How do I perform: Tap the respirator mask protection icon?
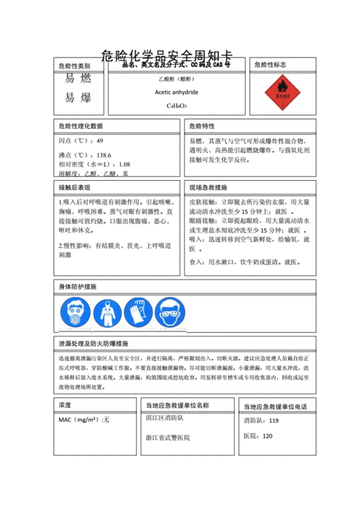tap(76, 313)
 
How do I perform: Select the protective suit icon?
tap(107, 313)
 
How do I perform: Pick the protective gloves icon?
tap(138, 313)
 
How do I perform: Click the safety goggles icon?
tap(169, 313)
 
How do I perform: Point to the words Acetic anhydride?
tap(176, 92)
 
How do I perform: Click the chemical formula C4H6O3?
tap(176, 106)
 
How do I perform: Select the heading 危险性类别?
tap(75, 66)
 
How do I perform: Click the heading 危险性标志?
tap(270, 65)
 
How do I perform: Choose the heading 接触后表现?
tap(75, 187)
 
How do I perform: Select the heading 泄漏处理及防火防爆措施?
tap(94, 344)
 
